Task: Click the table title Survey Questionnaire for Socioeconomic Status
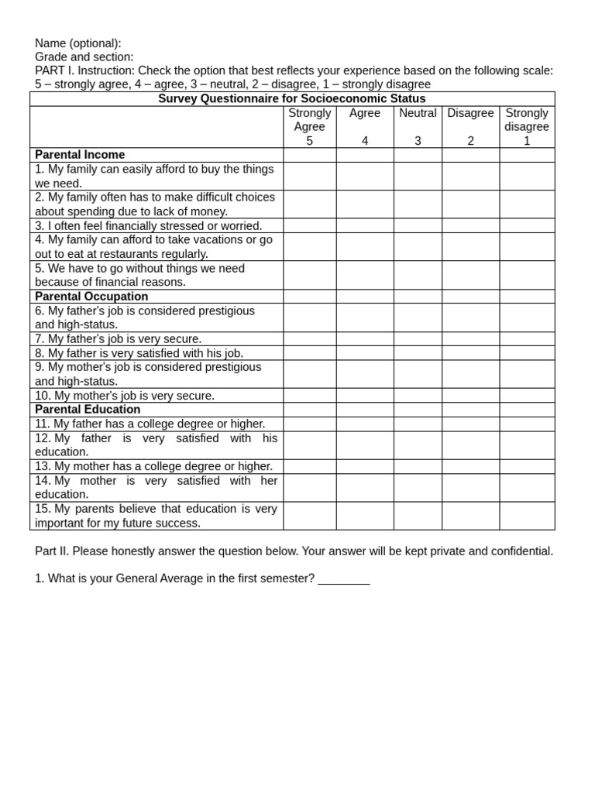pyautogui.click(x=292, y=99)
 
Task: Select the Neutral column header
pyautogui.click(x=418, y=113)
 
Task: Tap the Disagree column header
pyautogui.click(x=470, y=113)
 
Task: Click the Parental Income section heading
pyautogui.click(x=80, y=155)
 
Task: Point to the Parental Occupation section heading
pyautogui.click(x=91, y=297)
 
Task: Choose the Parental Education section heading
pyautogui.click(x=88, y=410)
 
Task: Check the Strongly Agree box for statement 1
pyautogui.click(x=310, y=176)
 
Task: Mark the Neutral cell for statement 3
pyautogui.click(x=418, y=225)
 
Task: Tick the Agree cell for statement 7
pyautogui.click(x=365, y=338)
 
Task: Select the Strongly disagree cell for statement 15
pyautogui.click(x=527, y=516)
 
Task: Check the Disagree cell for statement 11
pyautogui.click(x=470, y=424)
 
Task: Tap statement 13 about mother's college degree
pyautogui.click(x=153, y=466)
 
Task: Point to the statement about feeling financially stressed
pyautogui.click(x=148, y=226)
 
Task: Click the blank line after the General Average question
pyautogui.click(x=343, y=579)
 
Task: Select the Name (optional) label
pyautogui.click(x=78, y=43)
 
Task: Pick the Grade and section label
pyautogui.click(x=84, y=57)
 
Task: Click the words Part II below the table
pyautogui.click(x=51, y=551)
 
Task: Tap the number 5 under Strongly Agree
pyautogui.click(x=310, y=141)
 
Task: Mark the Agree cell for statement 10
pyautogui.click(x=365, y=395)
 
